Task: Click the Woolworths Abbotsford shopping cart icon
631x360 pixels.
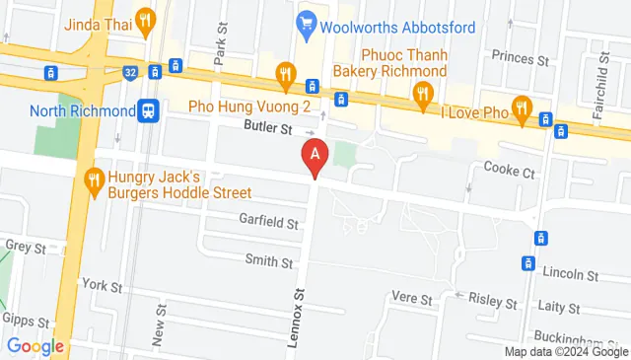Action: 307,21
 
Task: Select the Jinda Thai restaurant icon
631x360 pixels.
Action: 146,19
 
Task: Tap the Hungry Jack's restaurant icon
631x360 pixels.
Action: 96,180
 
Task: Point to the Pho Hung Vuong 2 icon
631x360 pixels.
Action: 286,72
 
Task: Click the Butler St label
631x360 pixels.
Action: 270,129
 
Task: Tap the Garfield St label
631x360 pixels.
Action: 269,224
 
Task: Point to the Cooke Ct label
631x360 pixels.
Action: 509,172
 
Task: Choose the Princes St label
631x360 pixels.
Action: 523,60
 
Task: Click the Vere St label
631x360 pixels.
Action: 412,298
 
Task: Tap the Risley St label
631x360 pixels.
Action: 493,299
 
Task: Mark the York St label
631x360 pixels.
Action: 102,286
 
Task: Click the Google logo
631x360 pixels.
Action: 35,346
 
